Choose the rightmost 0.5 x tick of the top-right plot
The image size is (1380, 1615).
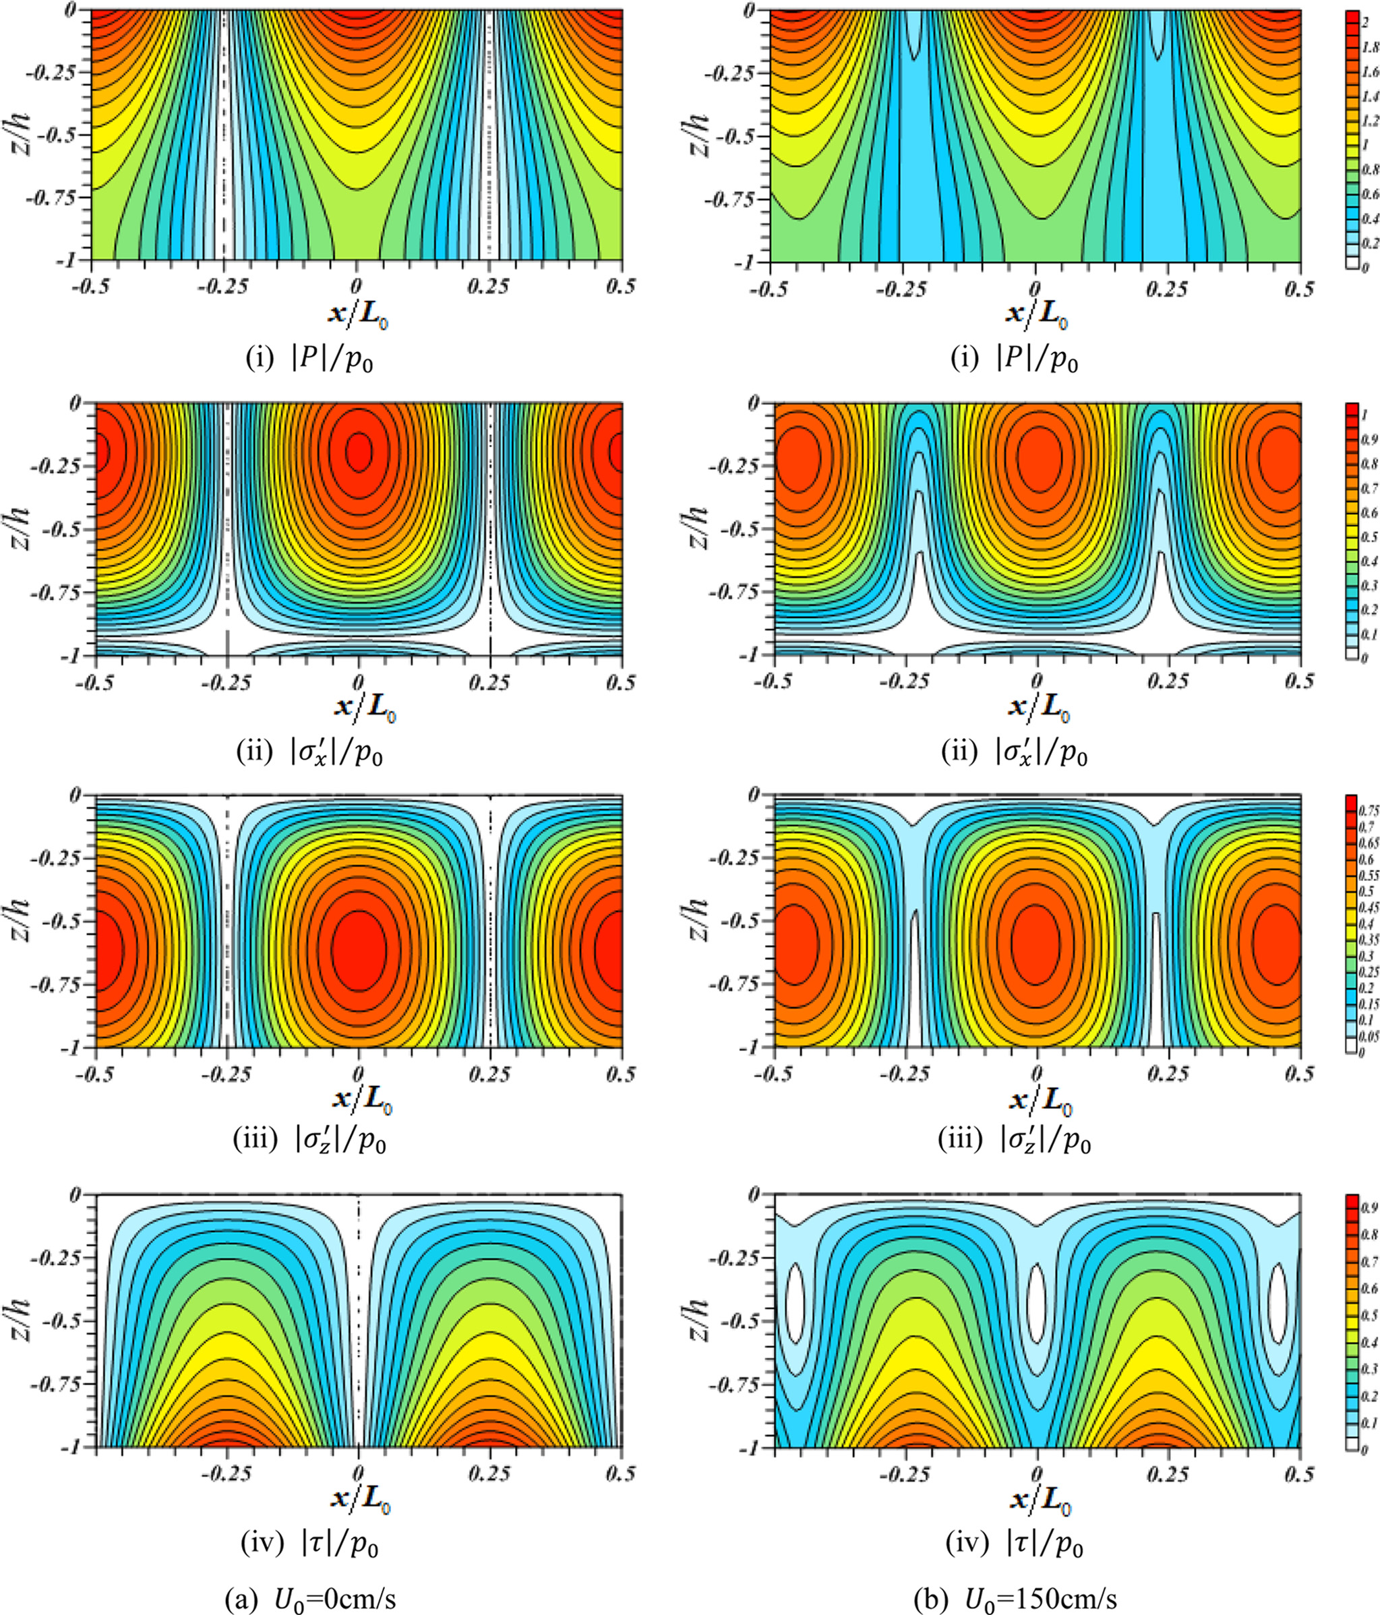1300,289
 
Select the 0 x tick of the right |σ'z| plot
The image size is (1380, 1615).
1037,1073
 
